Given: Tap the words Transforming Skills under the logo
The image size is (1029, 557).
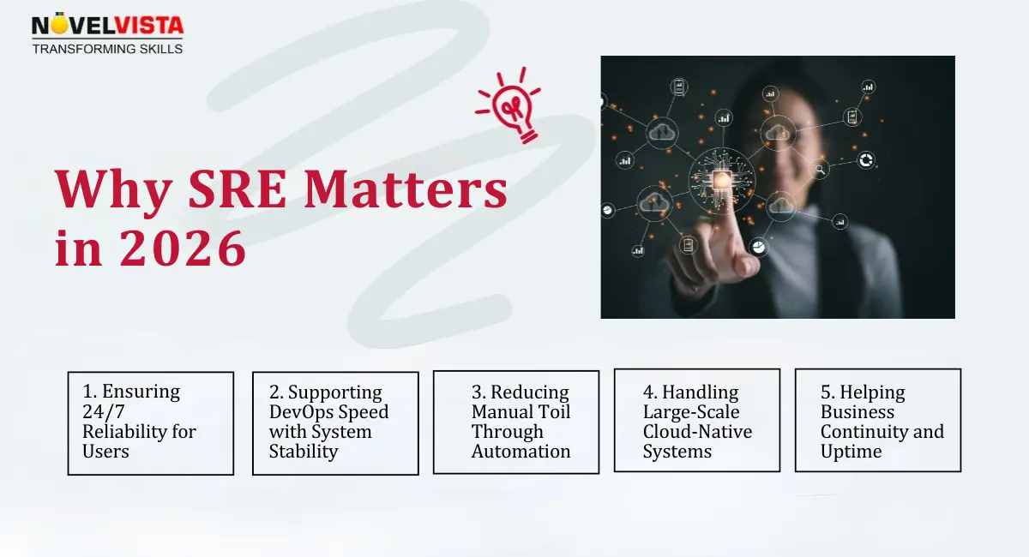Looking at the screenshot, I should click(x=107, y=49).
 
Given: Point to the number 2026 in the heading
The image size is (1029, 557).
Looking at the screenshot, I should click(x=182, y=249).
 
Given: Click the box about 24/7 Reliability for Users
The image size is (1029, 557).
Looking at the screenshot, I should click(x=150, y=422).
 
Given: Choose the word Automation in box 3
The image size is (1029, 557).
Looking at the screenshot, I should click(x=521, y=452).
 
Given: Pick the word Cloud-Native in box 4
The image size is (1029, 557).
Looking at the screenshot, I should click(x=697, y=432).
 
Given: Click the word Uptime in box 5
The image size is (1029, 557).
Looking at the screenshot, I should click(x=851, y=452).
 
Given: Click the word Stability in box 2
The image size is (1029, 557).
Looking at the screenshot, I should click(x=304, y=452).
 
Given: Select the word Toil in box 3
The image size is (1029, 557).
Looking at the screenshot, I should click(x=551, y=411).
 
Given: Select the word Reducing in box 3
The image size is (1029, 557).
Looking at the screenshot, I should click(x=530, y=392).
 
